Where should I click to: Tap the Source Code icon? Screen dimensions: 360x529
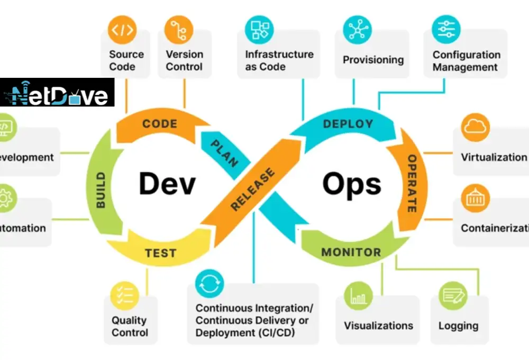(122, 30)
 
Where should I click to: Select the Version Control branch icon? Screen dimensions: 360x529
(179, 30)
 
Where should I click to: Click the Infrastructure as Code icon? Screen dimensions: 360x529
(259, 30)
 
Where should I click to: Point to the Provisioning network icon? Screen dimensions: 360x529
(357, 30)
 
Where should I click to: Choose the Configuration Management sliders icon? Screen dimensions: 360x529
(446, 30)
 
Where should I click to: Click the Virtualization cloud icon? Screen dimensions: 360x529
(475, 128)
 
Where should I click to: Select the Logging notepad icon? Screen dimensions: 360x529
(453, 295)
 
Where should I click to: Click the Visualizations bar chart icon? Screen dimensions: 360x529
(358, 295)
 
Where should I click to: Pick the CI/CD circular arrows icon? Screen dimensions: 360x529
(209, 284)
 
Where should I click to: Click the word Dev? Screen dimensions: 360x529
(167, 184)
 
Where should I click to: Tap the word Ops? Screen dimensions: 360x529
(352, 184)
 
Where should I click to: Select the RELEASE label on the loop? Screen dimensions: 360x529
(253, 189)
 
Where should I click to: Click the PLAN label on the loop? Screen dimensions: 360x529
(224, 154)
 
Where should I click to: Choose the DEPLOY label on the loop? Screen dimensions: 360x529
(348, 124)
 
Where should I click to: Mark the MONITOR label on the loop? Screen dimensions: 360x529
(351, 252)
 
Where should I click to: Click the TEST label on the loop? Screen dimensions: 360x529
(160, 253)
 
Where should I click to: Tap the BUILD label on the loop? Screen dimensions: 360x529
(101, 189)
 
